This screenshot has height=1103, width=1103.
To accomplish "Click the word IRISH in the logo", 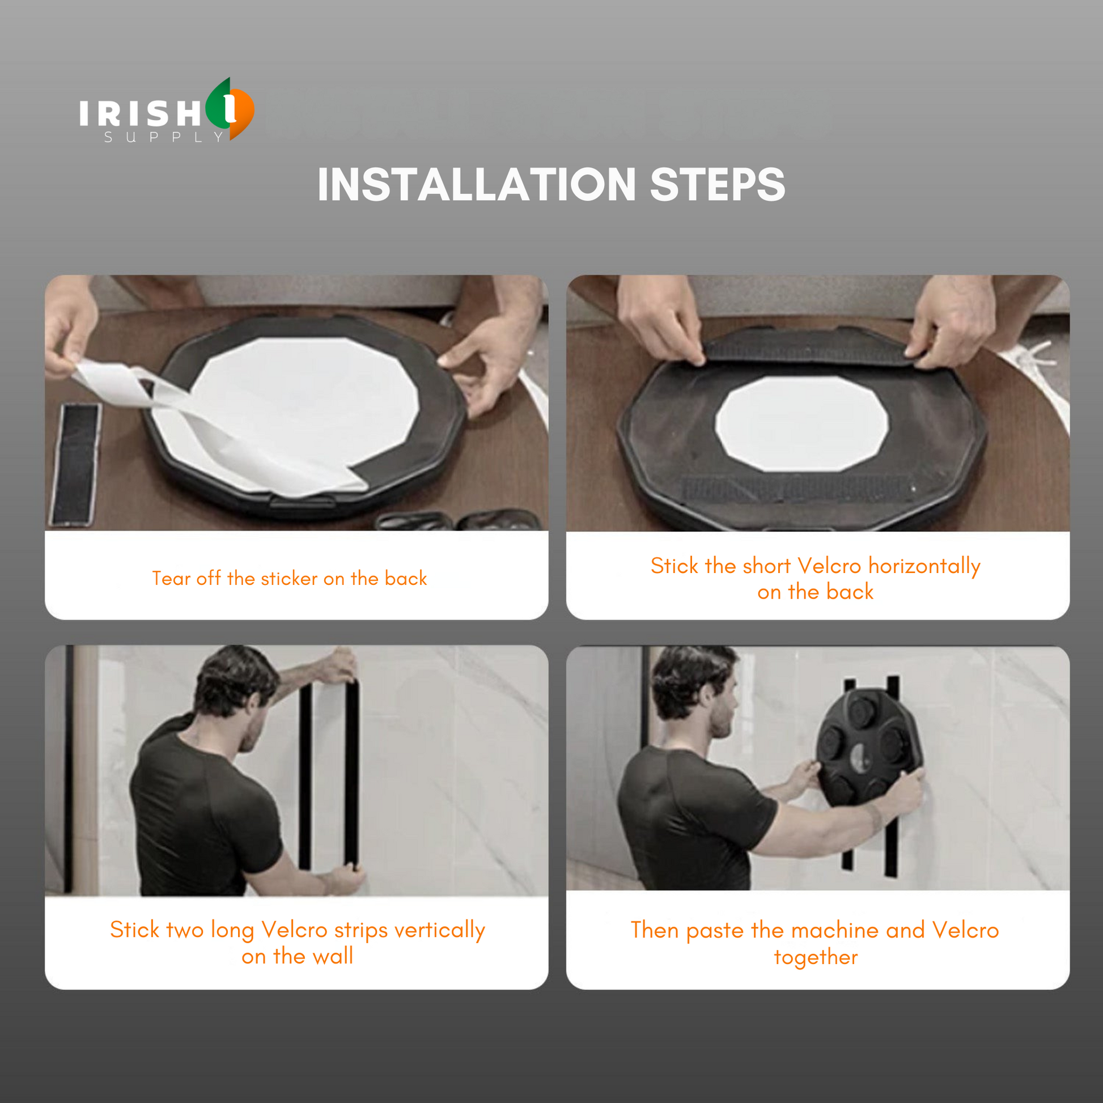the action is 141,112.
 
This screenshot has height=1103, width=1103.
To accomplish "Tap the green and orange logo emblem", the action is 230,109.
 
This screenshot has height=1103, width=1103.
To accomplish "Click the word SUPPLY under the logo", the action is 164,137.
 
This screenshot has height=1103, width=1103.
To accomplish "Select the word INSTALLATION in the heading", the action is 476,184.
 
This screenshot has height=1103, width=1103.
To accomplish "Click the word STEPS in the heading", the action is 717,184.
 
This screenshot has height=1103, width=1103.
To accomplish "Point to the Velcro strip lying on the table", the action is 76,464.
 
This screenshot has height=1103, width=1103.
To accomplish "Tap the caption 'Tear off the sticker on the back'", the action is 290,578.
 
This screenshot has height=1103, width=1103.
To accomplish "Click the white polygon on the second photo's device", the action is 801,423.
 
